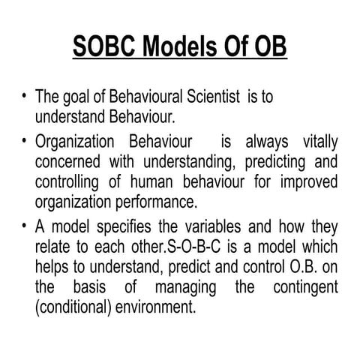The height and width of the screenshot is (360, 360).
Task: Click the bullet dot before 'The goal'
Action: click(x=26, y=99)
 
